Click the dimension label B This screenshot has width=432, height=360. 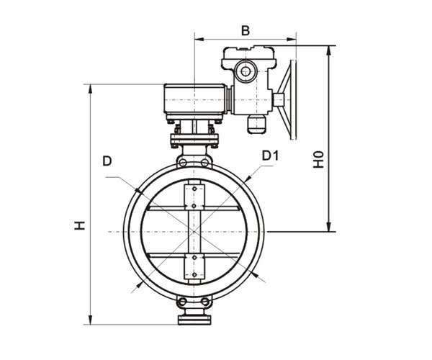(x=246, y=30)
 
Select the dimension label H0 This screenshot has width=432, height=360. (x=318, y=159)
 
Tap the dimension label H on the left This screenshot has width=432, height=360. (x=80, y=225)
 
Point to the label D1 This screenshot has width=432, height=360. (x=270, y=156)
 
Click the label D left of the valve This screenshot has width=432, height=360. (x=107, y=161)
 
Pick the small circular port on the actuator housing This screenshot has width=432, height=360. (x=246, y=71)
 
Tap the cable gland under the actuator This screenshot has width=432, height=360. (x=256, y=125)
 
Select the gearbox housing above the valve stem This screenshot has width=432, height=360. (x=195, y=99)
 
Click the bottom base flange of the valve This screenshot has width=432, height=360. (x=194, y=320)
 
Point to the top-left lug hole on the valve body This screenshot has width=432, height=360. (x=183, y=163)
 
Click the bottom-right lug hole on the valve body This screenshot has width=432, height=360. (x=205, y=302)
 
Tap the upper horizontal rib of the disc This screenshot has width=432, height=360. (x=194, y=208)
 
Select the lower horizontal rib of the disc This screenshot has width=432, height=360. (x=194, y=256)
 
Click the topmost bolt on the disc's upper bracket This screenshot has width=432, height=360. (x=194, y=189)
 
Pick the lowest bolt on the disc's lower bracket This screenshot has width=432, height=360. (x=194, y=275)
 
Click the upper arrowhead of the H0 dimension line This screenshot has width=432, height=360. (x=328, y=50)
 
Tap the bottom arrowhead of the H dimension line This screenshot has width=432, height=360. (x=90, y=320)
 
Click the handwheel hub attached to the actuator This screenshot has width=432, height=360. (x=279, y=99)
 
